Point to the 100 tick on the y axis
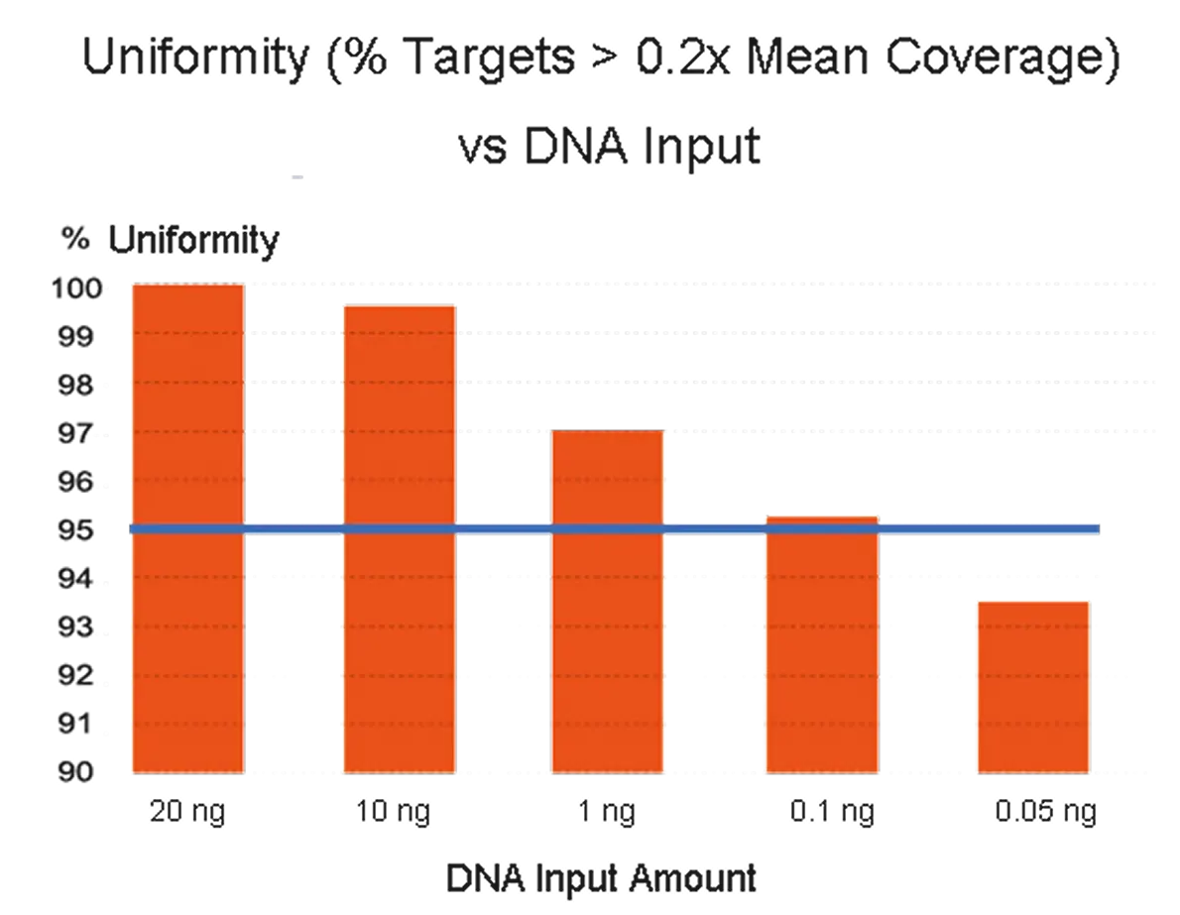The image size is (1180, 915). (x=76, y=289)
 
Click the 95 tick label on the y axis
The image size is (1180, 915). (x=76, y=531)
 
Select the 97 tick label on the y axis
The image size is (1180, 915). (x=76, y=434)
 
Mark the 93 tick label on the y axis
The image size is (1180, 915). (x=76, y=629)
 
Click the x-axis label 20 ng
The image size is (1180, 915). (x=188, y=813)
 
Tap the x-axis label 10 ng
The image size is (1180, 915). (x=398, y=813)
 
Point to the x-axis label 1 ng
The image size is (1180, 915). (x=607, y=813)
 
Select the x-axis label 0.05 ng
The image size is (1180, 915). (x=1046, y=813)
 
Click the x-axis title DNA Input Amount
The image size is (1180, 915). (x=600, y=878)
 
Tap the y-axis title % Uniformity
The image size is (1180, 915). (x=170, y=240)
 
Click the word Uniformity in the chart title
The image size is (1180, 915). (x=196, y=61)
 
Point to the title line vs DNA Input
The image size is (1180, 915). (x=610, y=149)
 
